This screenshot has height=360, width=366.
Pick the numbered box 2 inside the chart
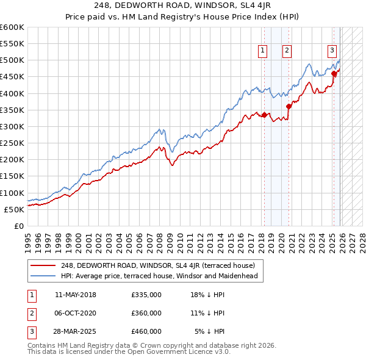(287, 51)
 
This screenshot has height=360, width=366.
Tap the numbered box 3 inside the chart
(332, 51)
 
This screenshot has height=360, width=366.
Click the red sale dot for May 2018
(264, 115)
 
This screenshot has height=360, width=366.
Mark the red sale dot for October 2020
(289, 106)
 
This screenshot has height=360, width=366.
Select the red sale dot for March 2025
(334, 74)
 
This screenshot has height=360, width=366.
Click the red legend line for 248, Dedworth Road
(43, 265)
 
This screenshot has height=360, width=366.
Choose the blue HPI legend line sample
(43, 276)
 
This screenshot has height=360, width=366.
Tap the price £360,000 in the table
(146, 313)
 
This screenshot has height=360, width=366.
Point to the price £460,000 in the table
(146, 331)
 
